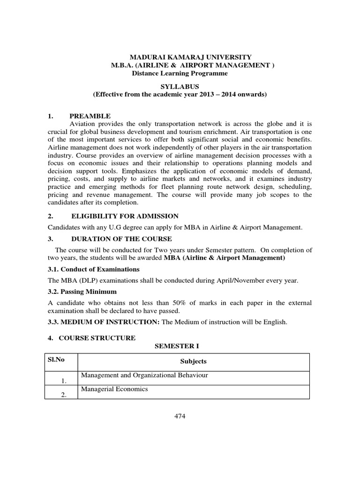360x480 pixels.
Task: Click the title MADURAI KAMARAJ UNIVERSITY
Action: (x=187, y=57)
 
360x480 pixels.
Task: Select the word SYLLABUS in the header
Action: (x=180, y=87)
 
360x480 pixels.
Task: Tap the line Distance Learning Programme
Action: (x=180, y=73)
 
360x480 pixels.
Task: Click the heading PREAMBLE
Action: (x=90, y=116)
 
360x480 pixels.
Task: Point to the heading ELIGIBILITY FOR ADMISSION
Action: (x=125, y=216)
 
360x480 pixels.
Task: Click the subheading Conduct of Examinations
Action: (x=94, y=270)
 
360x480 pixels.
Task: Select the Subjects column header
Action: (x=193, y=361)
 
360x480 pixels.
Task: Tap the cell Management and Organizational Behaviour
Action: (x=144, y=375)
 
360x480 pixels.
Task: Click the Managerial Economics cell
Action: (x=114, y=389)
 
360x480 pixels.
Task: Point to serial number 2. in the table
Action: (x=64, y=395)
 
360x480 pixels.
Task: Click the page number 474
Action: (x=180, y=417)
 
